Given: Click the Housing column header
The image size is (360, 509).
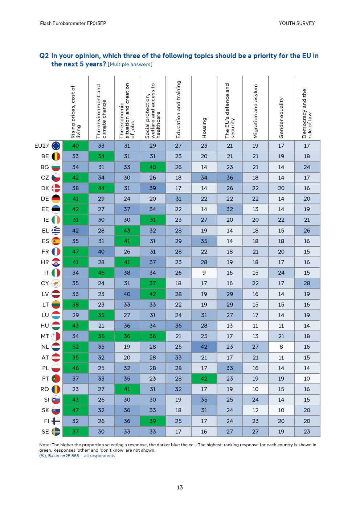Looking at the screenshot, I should pos(204,128).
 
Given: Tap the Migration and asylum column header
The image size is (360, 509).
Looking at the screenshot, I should pos(255,111).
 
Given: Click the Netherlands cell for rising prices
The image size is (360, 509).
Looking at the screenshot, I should pos(75,347).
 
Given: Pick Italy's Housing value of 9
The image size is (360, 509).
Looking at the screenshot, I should pos(204,273).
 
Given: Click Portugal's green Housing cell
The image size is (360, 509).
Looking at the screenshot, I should pos(204,379).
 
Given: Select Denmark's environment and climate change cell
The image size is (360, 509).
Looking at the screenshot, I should pos(101,188).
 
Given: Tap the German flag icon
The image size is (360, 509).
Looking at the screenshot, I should pos(56,199).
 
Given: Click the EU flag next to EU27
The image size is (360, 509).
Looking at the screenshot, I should pos(56,146).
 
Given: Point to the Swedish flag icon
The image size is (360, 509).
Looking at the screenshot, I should pos(56,432).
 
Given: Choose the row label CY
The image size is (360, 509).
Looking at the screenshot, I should pos(45,283).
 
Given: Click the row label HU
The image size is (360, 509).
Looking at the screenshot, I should pos(45,326).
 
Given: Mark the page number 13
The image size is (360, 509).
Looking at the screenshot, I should pos(180,488).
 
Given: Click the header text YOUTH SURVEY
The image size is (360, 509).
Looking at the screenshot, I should pos(297,23).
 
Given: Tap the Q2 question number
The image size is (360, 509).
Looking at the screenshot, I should pos(44,56).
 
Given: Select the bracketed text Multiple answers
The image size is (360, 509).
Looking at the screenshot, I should pos(130,65).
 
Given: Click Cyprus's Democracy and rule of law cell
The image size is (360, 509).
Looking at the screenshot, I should pos(307,283).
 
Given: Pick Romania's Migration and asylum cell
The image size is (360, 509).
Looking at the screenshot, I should pos(255,389).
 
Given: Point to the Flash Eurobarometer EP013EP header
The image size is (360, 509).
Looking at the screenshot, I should pos(73,23).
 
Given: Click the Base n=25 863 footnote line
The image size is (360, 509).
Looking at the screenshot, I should pos(77,456).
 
